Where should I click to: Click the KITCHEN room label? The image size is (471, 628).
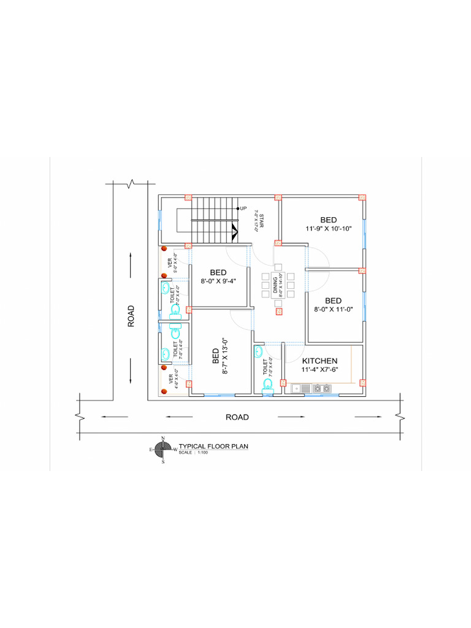[320, 361]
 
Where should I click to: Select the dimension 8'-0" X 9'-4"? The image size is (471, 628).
[218, 281]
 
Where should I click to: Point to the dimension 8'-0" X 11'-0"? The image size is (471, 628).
[333, 310]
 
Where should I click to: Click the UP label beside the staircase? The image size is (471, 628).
[243, 209]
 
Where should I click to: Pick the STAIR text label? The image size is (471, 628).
[261, 221]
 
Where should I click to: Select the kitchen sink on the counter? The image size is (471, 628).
[305, 388]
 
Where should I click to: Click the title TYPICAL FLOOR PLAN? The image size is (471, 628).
[213, 447]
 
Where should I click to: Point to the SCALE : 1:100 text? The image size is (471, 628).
[194, 453]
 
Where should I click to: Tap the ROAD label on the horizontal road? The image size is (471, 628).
[237, 417]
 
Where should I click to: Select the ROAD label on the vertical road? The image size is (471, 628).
[131, 316]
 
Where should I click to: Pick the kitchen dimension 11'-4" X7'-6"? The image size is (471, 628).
[320, 370]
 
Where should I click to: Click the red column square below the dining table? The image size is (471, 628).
[279, 312]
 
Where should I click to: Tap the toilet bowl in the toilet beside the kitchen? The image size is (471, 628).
[267, 385]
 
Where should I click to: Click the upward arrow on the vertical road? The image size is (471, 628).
[131, 258]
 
